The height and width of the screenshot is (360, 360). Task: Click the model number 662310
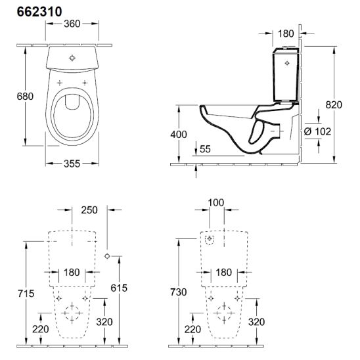pos(39,12)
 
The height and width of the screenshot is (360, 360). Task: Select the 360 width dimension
pos(72,24)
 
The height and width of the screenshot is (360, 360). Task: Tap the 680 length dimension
pos(25,96)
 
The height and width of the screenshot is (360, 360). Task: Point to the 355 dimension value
pos(72,164)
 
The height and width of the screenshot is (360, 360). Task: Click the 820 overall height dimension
pos(334,104)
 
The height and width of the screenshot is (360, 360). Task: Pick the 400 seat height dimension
pos(179,134)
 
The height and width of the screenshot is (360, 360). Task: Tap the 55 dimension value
pos(205,149)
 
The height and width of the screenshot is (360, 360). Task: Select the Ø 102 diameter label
pos(317,131)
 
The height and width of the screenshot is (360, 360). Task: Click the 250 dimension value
pos(89,210)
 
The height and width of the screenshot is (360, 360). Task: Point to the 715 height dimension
pos(26,293)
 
